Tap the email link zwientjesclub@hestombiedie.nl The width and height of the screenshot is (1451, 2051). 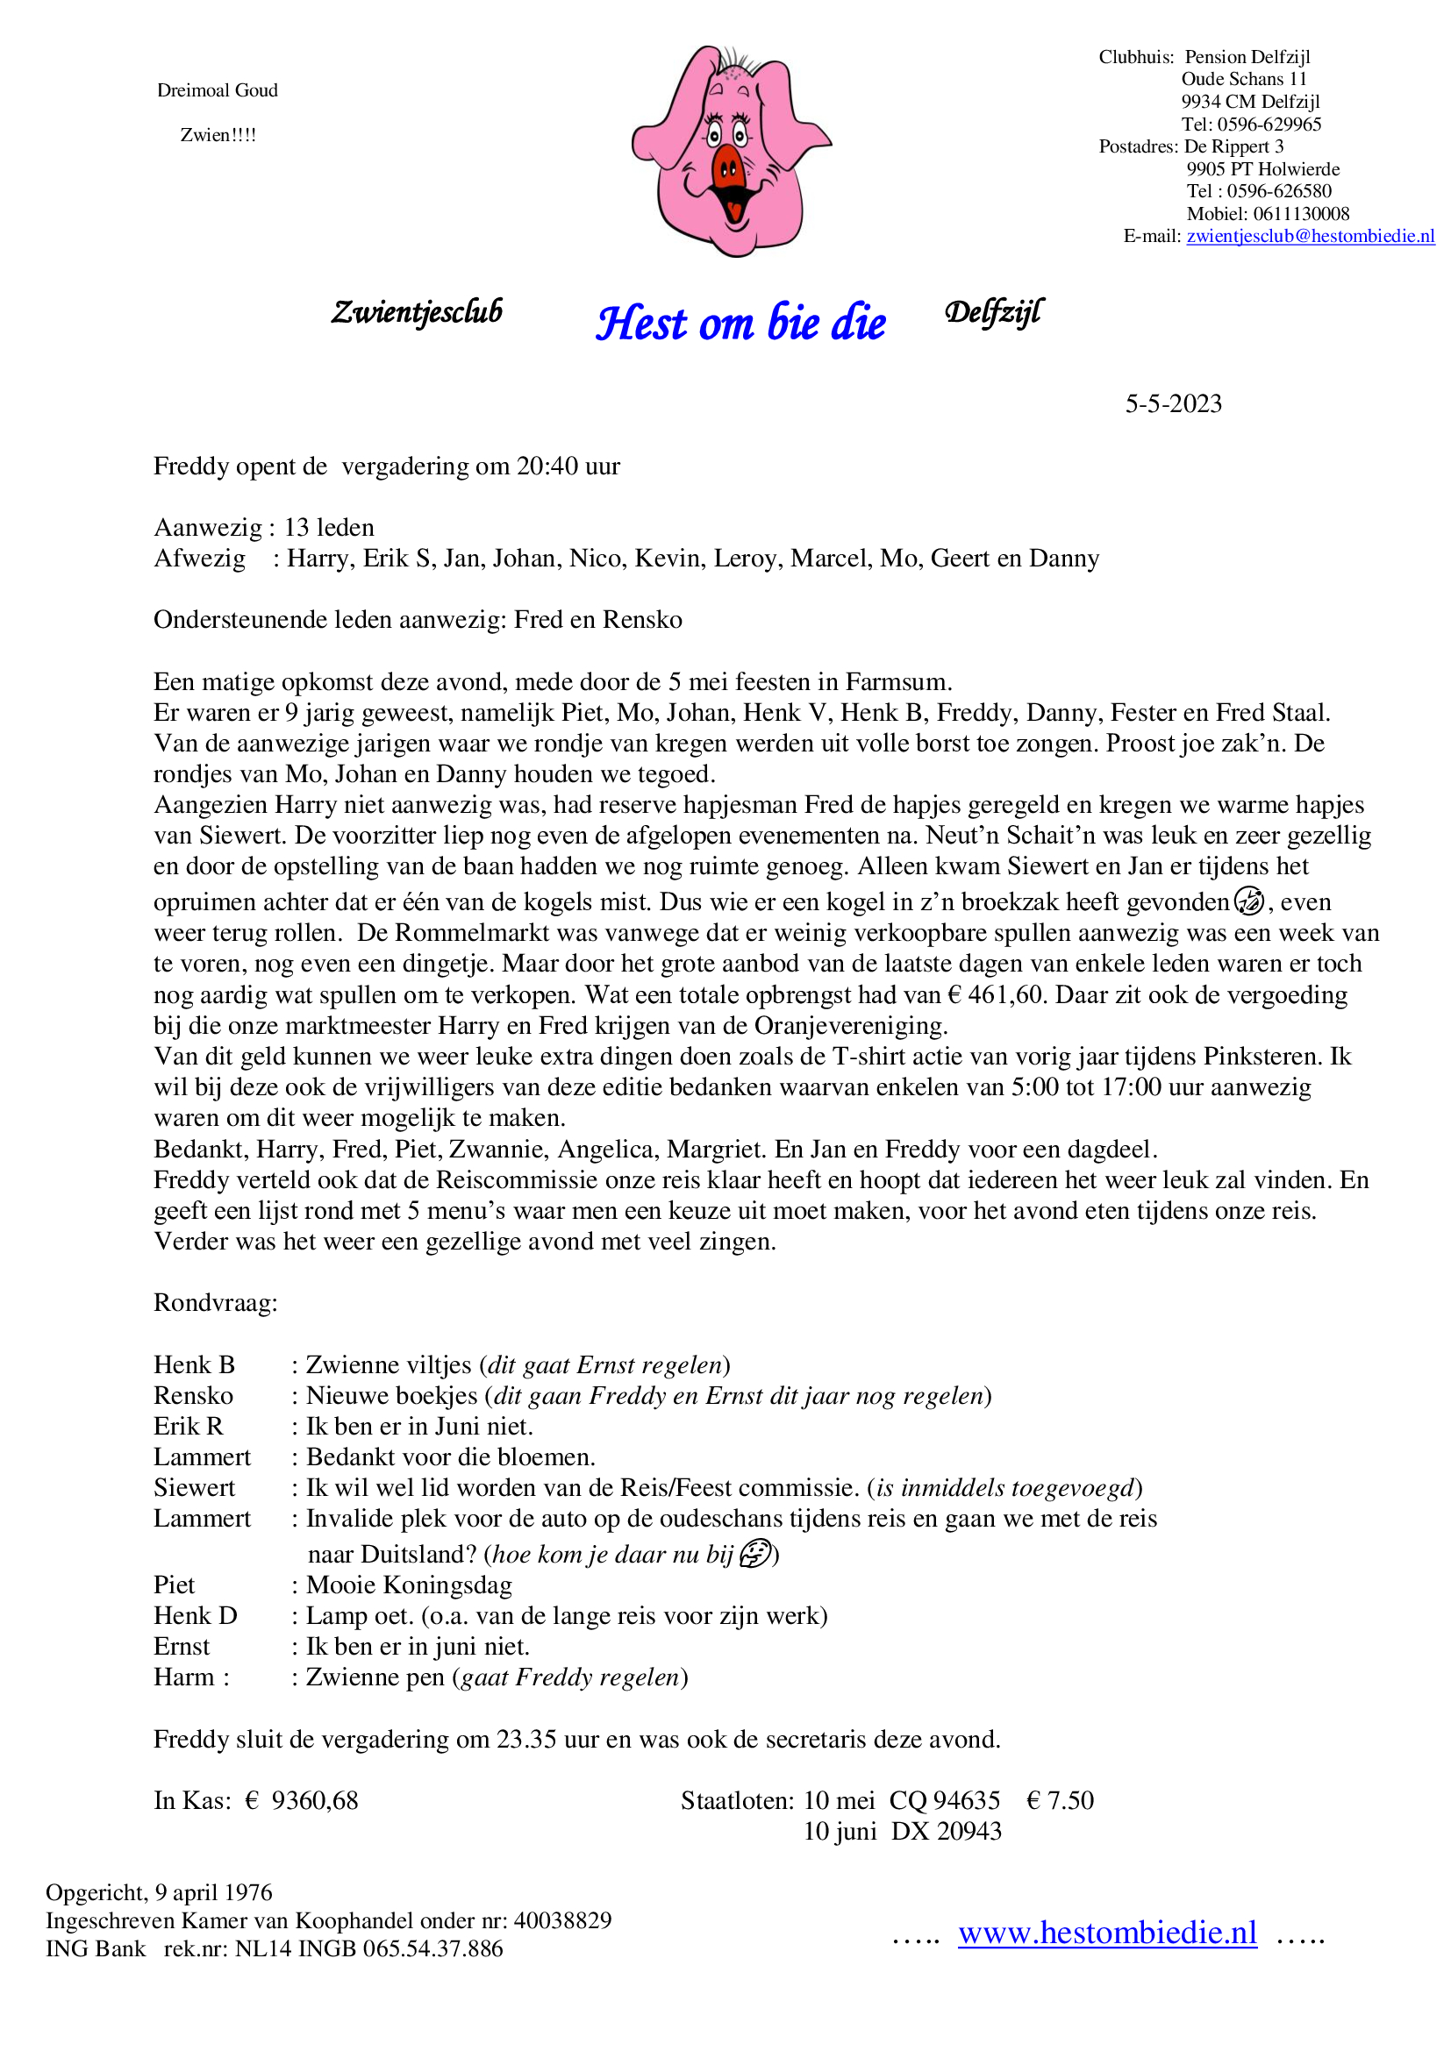pyautogui.click(x=1310, y=236)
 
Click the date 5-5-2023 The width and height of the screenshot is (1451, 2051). pyautogui.click(x=1173, y=403)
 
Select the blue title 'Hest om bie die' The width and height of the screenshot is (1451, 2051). pyautogui.click(x=740, y=323)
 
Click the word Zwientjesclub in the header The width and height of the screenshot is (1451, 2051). pyautogui.click(x=417, y=312)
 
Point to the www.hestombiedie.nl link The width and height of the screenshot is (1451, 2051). pyautogui.click(x=1107, y=1933)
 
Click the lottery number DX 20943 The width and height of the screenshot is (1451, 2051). pyautogui.click(x=947, y=1831)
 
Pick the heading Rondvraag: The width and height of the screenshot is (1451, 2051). pyautogui.click(x=215, y=1302)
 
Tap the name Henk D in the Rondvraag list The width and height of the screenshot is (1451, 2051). pyautogui.click(x=195, y=1615)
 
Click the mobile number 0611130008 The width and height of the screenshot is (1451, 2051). pyautogui.click(x=1301, y=213)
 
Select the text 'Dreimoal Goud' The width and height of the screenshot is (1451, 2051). pyautogui.click(x=217, y=90)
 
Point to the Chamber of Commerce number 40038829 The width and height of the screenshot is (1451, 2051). pyautogui.click(x=562, y=1919)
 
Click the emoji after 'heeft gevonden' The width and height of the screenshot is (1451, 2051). pyautogui.click(x=1249, y=901)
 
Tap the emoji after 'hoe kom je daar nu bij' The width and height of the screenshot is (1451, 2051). pyautogui.click(x=756, y=1554)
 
